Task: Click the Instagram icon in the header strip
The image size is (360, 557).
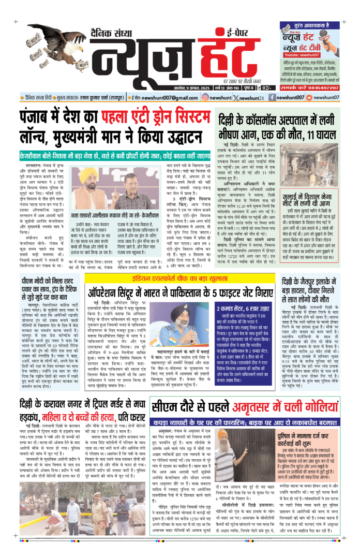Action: (x=205, y=97)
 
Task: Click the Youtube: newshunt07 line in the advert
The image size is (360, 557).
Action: (x=318, y=54)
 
